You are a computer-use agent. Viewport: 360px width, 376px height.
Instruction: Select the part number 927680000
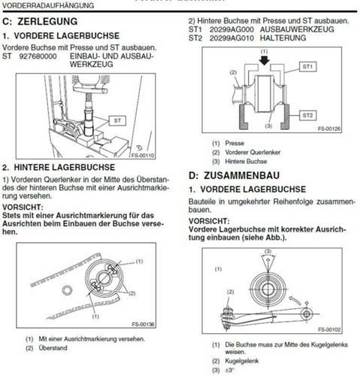coord(38,56)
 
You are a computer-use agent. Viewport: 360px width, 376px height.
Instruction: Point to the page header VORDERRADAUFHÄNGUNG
coord(42,5)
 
